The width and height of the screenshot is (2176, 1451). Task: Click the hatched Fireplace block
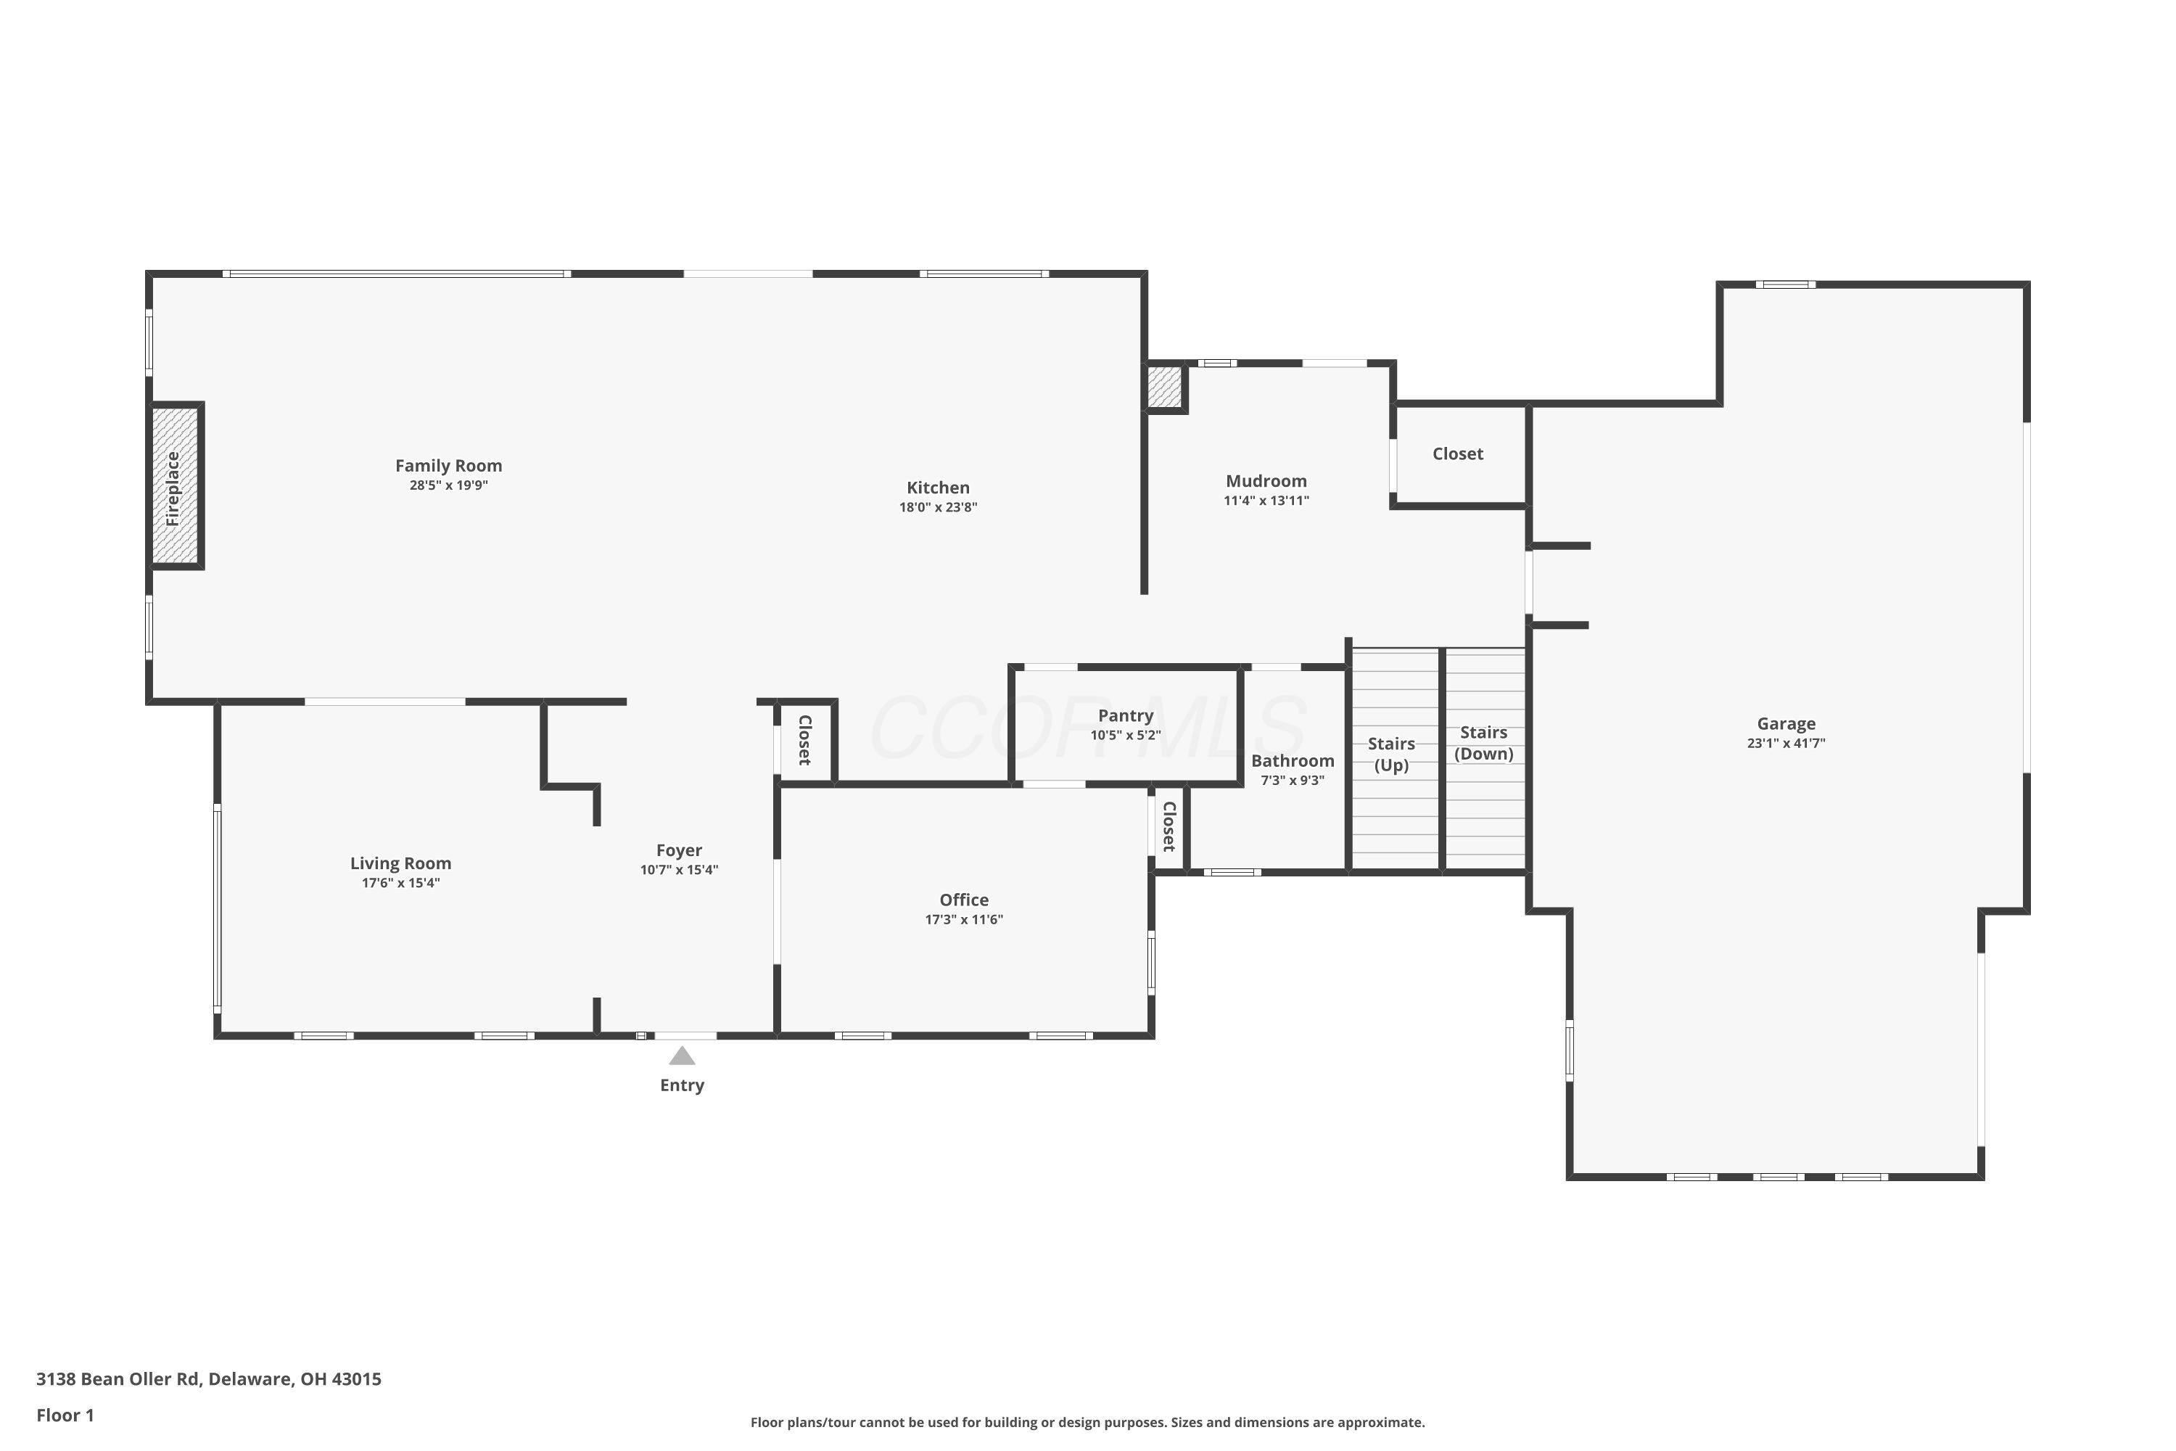point(175,486)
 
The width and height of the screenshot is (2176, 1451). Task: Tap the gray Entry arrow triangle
point(682,1055)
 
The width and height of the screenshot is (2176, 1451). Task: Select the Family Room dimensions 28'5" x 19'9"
point(449,485)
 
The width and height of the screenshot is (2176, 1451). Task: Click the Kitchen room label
point(938,488)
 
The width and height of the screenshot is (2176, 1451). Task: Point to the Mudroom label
point(1266,481)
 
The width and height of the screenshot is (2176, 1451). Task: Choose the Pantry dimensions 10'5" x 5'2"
point(1125,735)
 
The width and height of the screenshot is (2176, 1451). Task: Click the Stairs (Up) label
point(1391,755)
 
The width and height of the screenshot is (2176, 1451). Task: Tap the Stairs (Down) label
point(1484,743)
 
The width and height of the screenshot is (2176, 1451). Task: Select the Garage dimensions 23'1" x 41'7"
point(1786,742)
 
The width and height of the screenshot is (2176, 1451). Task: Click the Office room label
point(964,900)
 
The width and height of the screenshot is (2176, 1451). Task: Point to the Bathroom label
point(1293,760)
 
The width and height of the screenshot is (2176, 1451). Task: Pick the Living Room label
point(400,863)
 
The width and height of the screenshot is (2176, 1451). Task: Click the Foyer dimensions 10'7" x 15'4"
point(679,870)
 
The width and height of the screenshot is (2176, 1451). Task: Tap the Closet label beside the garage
point(1457,453)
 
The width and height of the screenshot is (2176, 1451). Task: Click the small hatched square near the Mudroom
point(1165,387)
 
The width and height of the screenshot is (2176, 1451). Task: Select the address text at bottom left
point(208,1379)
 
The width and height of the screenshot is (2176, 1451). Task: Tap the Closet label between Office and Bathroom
point(1169,826)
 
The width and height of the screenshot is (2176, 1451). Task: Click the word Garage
point(1786,723)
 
